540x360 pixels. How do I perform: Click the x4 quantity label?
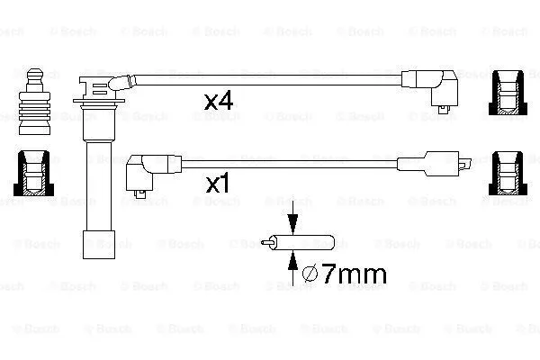coord(220,101)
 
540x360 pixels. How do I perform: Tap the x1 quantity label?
coord(220,185)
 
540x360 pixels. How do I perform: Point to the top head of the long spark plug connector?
coord(94,86)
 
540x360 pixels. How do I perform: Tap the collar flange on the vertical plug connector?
coord(90,112)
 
